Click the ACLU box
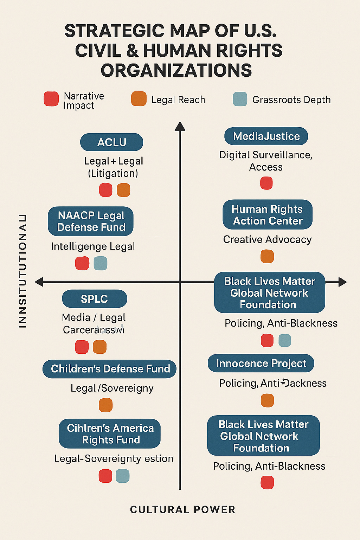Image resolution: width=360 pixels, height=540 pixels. pyautogui.click(x=111, y=142)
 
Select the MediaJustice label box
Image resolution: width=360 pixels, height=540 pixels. pyautogui.click(x=266, y=136)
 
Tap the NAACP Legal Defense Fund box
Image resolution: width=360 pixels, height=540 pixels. pyautogui.click(x=91, y=221)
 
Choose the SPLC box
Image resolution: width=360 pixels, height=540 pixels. pyautogui.click(x=94, y=299)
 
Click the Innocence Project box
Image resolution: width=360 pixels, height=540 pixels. pyautogui.click(x=261, y=364)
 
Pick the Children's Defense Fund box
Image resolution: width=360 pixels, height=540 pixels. pyautogui.click(x=110, y=369)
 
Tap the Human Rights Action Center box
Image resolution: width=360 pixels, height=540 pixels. pyautogui.click(x=267, y=215)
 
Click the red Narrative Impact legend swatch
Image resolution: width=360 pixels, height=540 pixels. pyautogui.click(x=51, y=99)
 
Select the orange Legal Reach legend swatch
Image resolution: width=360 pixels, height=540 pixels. pyautogui.click(x=139, y=99)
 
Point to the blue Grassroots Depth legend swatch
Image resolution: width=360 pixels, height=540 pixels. pyautogui.click(x=240, y=99)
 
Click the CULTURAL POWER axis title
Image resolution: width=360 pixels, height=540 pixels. pyautogui.click(x=182, y=509)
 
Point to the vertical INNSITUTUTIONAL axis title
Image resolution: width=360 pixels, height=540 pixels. pyautogui.click(x=22, y=271)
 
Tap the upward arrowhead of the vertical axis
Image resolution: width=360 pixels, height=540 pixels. pyautogui.click(x=180, y=127)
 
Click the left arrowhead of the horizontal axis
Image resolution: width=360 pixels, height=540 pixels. pyautogui.click(x=39, y=282)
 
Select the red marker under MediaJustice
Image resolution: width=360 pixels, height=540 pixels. pyautogui.click(x=266, y=183)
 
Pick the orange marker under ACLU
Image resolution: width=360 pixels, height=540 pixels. pyautogui.click(x=123, y=190)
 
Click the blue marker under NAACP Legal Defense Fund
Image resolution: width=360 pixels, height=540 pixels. pyautogui.click(x=101, y=263)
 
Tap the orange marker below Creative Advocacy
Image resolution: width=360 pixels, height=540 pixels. pyautogui.click(x=267, y=256)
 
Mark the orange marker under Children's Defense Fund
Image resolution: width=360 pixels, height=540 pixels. pyautogui.click(x=105, y=405)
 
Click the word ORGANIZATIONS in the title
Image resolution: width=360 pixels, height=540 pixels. pyautogui.click(x=176, y=70)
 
